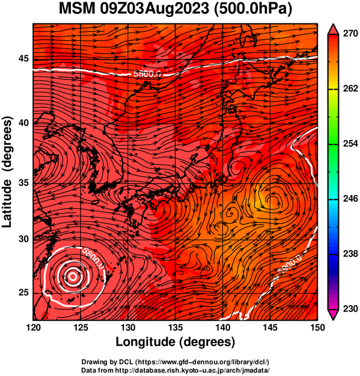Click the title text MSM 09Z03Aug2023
[134, 9]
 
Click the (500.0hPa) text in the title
[253, 10]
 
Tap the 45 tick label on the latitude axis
[23, 58]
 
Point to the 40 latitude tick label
[23, 123]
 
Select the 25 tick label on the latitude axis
[23, 293]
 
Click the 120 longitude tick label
[33, 327]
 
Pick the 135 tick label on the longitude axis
[175, 327]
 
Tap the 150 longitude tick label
[317, 327]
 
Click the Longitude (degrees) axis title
[175, 342]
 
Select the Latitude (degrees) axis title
[7, 172]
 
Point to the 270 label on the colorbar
[350, 34]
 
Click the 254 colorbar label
[350, 144]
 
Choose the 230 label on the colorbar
[350, 309]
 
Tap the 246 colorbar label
[350, 199]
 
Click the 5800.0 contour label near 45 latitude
[147, 74]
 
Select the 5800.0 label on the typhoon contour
[93, 258]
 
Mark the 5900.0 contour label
[290, 264]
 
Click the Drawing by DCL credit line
[175, 362]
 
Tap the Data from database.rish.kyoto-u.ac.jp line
[175, 370]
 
